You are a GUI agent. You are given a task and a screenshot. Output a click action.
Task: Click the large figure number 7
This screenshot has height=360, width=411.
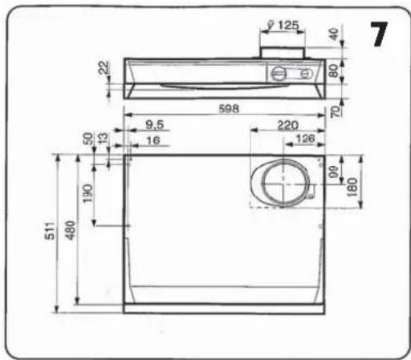coord(379,34)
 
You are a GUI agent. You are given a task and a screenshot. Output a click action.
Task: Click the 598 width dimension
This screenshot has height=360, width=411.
coord(229,109)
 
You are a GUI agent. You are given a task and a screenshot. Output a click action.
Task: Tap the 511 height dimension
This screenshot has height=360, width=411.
coord(50,231)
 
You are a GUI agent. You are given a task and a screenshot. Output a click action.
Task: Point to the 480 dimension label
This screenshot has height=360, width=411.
coord(71,230)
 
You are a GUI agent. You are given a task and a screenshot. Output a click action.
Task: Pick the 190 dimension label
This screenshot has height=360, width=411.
coord(87,193)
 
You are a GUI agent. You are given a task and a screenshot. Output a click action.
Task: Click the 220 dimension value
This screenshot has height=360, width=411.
coord(287,125)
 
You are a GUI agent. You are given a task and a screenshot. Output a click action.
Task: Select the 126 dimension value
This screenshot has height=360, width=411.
coord(306,139)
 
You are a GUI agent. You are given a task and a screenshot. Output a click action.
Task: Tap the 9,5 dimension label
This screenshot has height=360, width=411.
coord(155,124)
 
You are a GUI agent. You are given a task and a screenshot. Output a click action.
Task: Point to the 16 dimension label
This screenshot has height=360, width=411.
coord(153,140)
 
